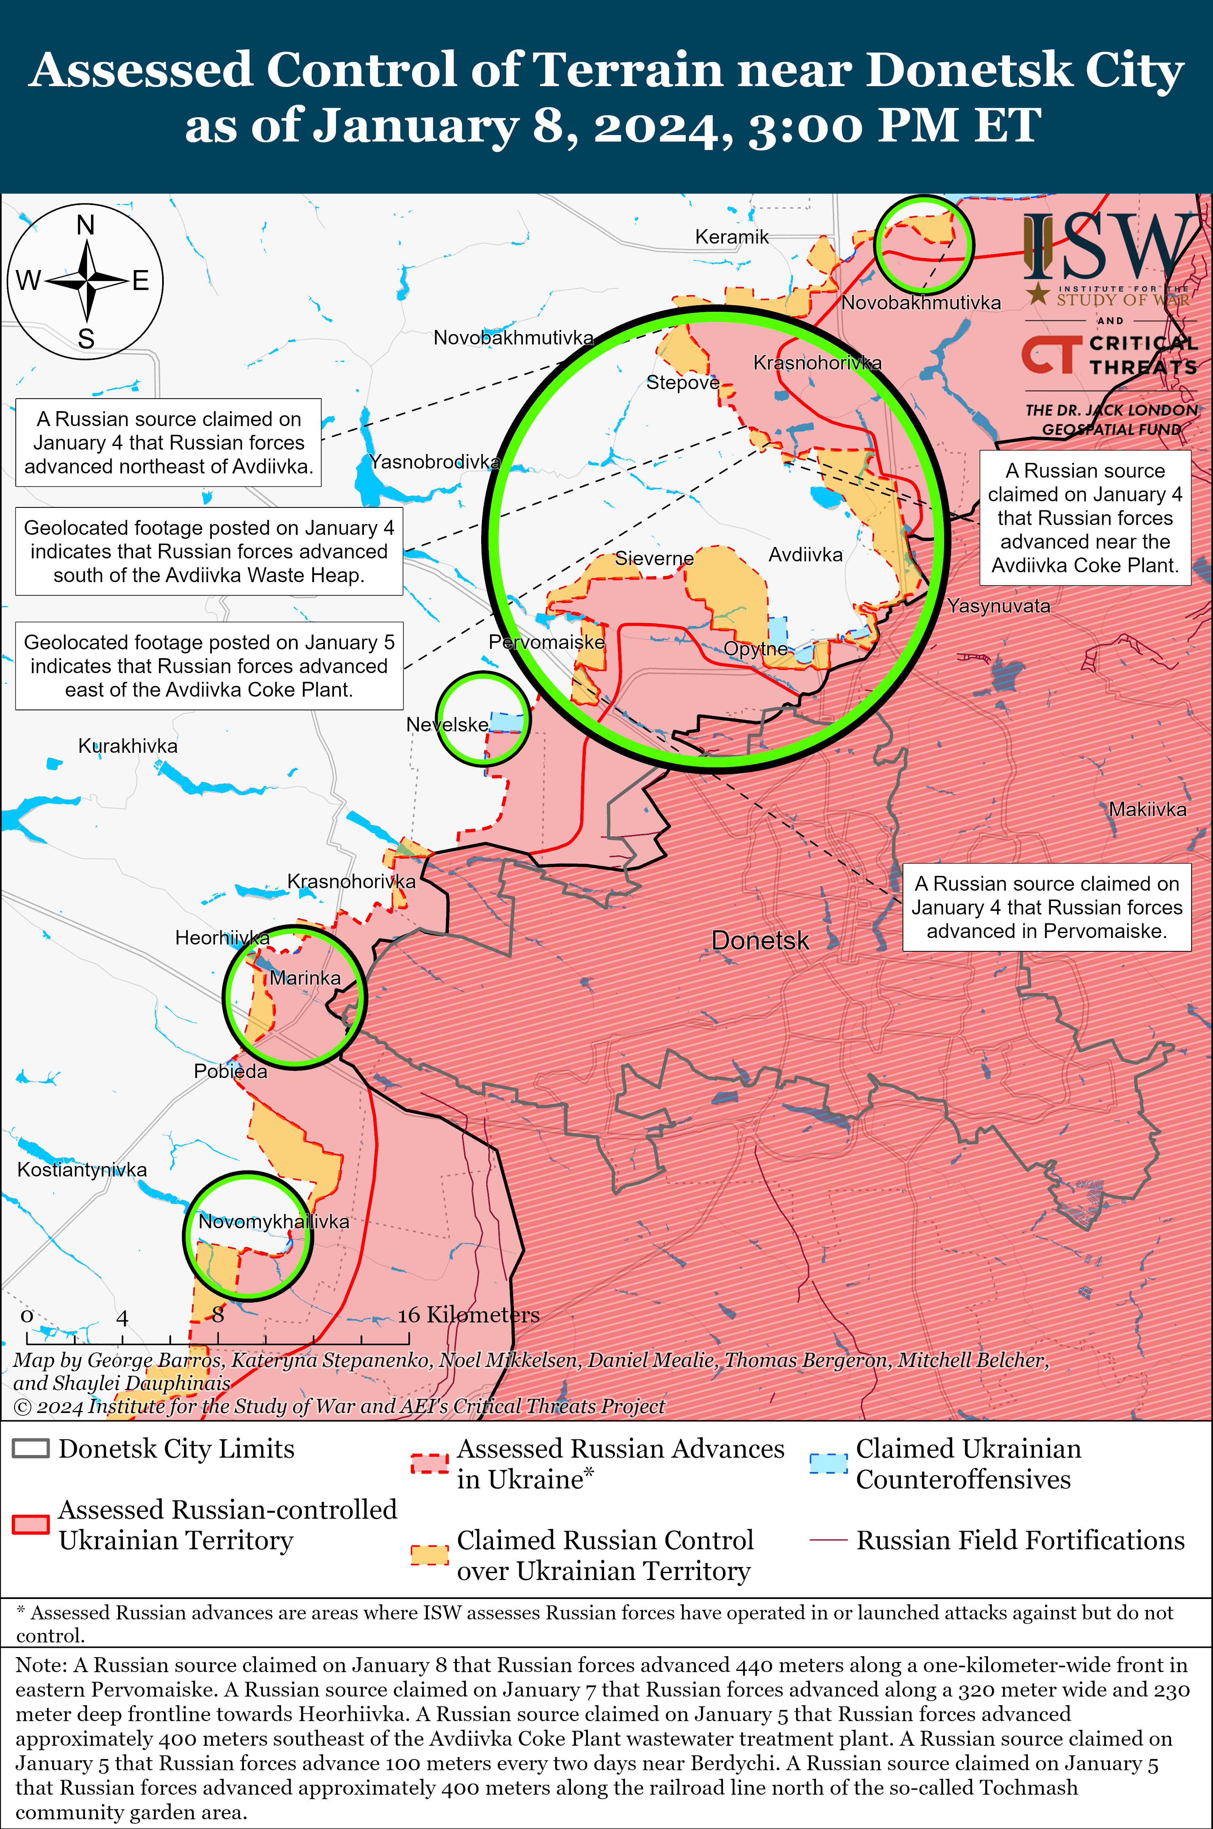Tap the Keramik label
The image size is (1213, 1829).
click(732, 237)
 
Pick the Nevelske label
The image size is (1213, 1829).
click(447, 724)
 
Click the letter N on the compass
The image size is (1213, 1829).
click(86, 225)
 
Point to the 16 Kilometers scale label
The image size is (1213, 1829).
click(468, 1315)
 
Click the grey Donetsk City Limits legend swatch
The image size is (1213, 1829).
click(31, 1449)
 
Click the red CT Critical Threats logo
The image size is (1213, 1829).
click(1050, 354)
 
